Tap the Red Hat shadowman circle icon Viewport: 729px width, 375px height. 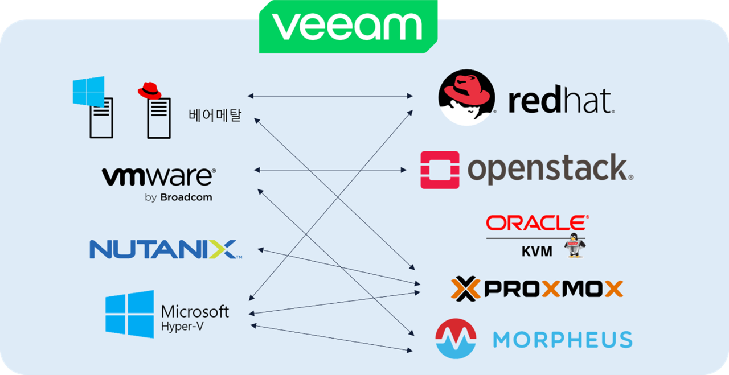466,97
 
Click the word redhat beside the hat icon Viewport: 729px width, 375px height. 560,101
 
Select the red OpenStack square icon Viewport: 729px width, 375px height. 440,170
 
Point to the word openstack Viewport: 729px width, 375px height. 549,169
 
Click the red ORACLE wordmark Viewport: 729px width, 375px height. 535,222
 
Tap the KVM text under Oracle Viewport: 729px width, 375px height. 536,251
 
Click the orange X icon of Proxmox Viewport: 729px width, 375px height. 466,289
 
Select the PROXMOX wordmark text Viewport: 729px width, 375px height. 552,289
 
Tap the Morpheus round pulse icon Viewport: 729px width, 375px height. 456,339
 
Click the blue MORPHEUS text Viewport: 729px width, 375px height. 562,340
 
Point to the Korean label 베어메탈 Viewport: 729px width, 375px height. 215,116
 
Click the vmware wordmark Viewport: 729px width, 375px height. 158,176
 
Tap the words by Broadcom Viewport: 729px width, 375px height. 178,197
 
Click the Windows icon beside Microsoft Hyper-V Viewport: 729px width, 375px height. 129,314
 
